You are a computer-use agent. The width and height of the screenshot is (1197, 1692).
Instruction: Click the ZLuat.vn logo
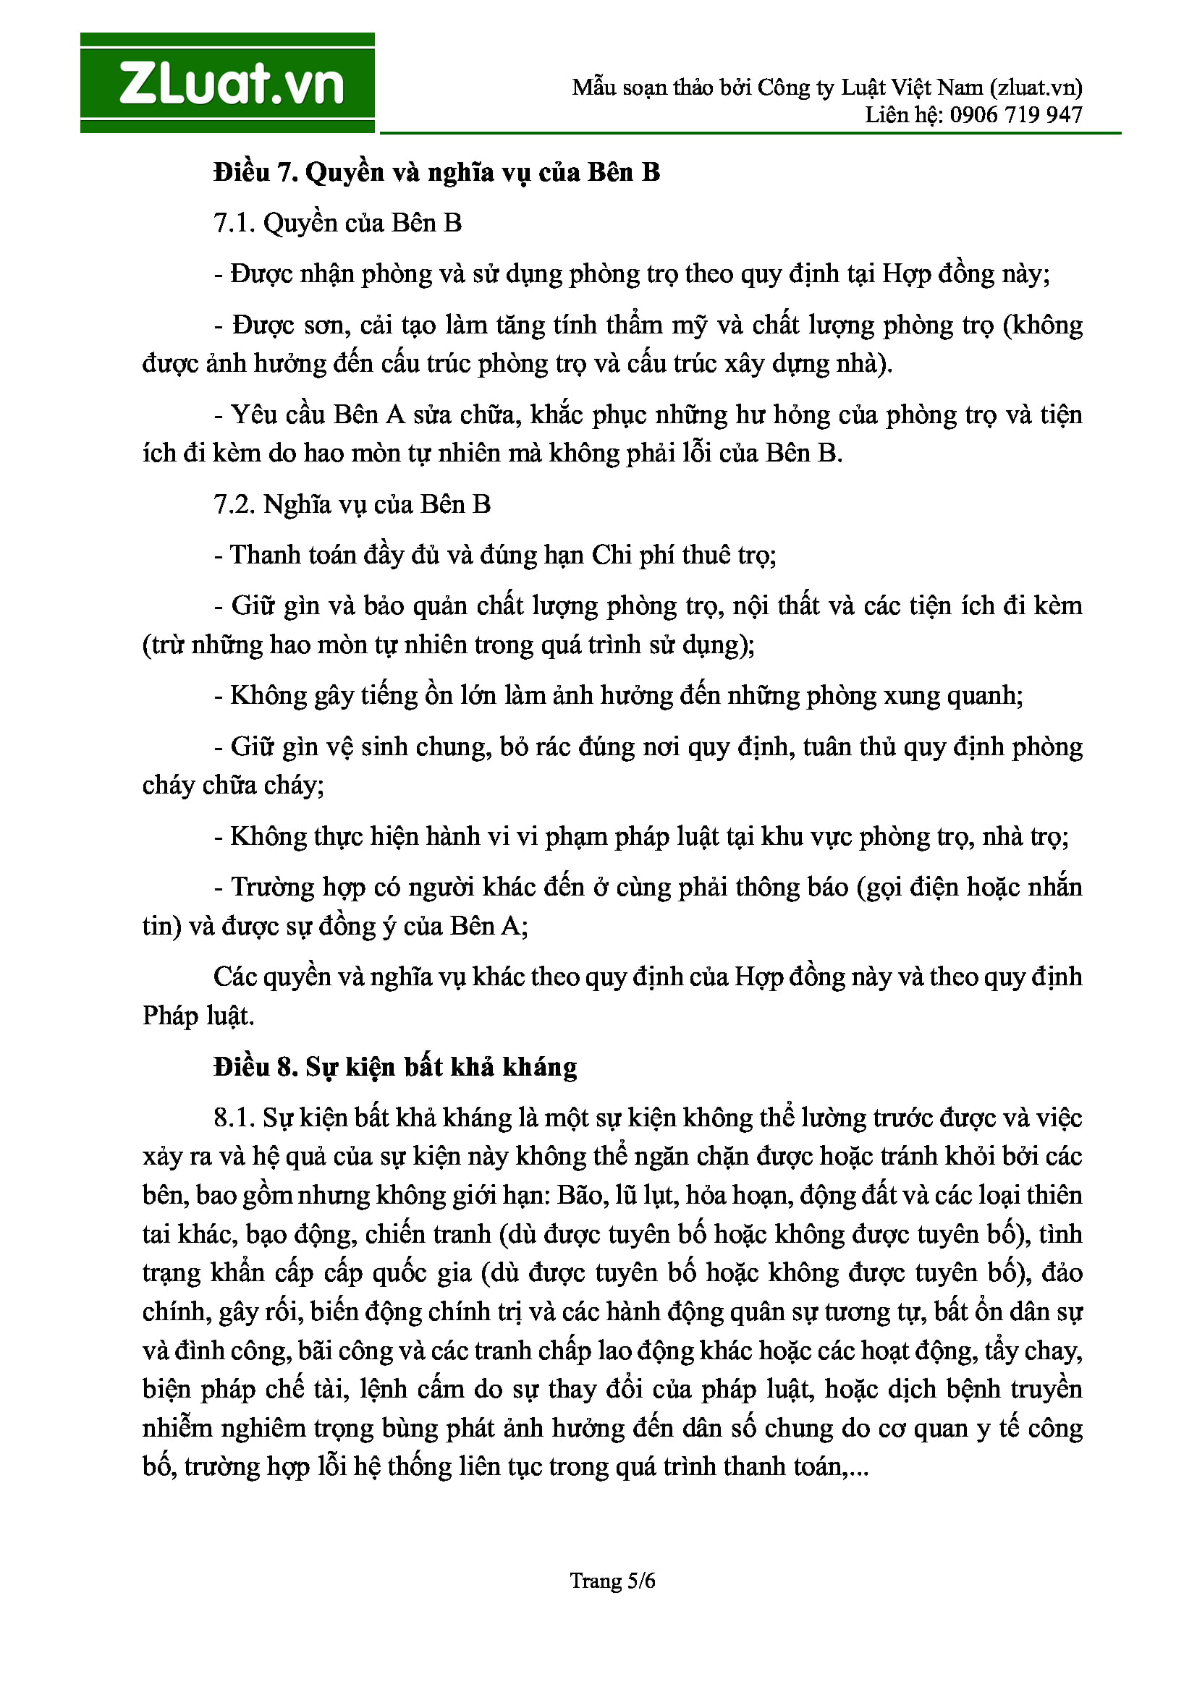tap(227, 82)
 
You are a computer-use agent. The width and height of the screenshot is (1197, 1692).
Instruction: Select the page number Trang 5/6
tap(612, 1581)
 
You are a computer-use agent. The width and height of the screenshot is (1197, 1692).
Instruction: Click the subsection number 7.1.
tap(234, 223)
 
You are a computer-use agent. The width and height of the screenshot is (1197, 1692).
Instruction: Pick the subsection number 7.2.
tap(234, 504)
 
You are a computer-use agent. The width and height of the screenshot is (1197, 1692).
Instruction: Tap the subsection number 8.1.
tap(234, 1118)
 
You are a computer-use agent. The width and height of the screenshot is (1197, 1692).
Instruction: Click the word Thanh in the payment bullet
tap(262, 555)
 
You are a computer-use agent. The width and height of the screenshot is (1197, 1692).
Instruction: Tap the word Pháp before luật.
tap(170, 1016)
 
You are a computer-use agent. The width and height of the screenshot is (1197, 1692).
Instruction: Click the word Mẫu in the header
tap(593, 88)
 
